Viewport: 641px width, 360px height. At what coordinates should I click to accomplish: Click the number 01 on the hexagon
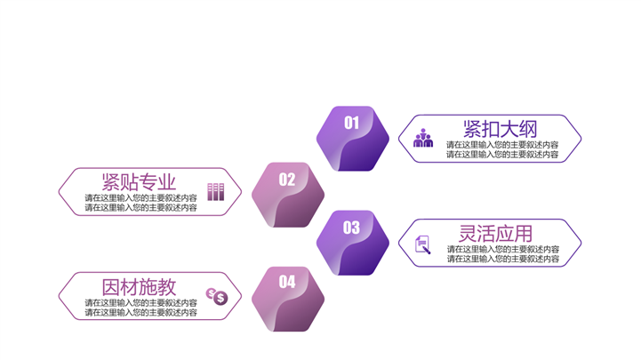point(351,123)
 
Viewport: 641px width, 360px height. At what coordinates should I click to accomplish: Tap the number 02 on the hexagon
point(287,180)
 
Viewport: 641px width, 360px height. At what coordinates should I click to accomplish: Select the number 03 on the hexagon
point(351,228)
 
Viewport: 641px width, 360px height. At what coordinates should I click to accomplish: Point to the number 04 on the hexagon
point(287,282)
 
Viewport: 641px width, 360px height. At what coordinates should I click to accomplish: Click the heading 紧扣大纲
point(500,129)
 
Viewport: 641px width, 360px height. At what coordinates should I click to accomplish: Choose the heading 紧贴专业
point(139,182)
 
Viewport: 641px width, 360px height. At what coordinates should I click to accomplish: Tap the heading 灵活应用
point(496,234)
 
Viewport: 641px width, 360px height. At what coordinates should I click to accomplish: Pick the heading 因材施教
point(139,287)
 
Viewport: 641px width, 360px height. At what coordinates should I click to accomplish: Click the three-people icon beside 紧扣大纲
point(423,138)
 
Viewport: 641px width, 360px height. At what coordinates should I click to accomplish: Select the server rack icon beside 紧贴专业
point(216,192)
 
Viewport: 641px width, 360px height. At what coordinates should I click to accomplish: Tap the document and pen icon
point(422,244)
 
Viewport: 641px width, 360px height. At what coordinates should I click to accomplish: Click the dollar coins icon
point(217,296)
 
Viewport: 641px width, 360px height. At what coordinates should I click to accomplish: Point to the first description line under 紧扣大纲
point(502,145)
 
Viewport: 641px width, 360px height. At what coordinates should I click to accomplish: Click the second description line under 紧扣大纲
point(502,155)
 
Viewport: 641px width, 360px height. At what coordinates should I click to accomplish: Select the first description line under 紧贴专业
point(141,197)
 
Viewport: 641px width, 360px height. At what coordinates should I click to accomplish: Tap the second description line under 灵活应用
point(503,259)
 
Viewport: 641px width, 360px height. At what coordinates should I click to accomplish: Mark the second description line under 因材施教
point(141,313)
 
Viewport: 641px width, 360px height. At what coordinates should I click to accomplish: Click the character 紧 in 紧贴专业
point(111,182)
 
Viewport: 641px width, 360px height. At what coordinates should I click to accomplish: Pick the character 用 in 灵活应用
point(524,234)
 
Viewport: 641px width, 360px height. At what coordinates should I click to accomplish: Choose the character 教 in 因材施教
point(167,287)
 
